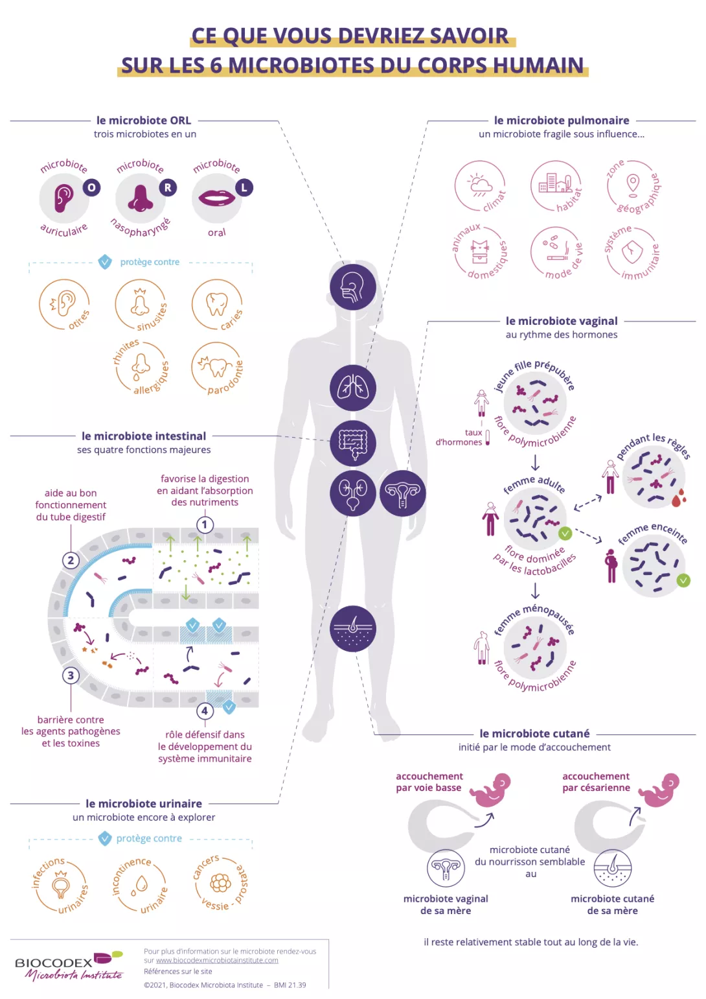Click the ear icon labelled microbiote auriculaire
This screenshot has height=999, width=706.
coord(63,198)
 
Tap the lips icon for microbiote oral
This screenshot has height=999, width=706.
coord(216,197)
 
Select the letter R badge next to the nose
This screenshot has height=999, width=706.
coord(168,188)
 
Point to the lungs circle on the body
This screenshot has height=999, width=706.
coord(353,388)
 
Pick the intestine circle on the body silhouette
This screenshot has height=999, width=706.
coord(353,443)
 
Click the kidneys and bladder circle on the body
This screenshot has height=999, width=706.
coord(353,493)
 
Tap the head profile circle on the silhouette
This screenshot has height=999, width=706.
coord(353,287)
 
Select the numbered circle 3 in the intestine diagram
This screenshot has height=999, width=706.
coord(71,675)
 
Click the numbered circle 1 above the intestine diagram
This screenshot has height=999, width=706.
coord(205,524)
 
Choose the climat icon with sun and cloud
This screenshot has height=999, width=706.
coord(480,185)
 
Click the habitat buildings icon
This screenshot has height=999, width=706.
coord(555,183)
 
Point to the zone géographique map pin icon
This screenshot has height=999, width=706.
coord(633,183)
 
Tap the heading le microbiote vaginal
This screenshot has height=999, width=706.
coord(562,321)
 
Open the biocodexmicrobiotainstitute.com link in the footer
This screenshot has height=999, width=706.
coord(217,960)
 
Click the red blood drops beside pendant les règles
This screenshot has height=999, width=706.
coord(678,498)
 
